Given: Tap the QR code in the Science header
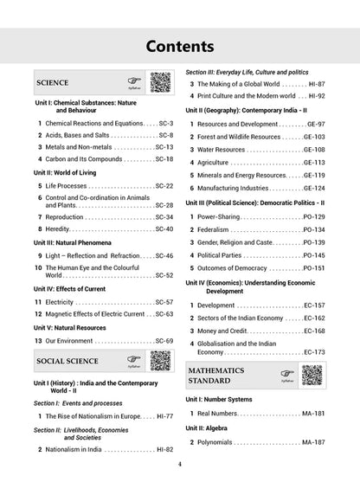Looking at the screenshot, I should pyautogui.click(x=160, y=84).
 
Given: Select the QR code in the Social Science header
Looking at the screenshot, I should pyautogui.click(x=160, y=361).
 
